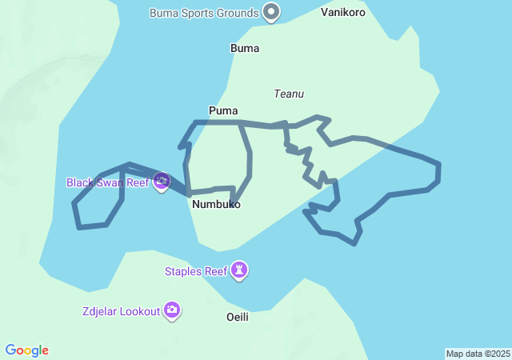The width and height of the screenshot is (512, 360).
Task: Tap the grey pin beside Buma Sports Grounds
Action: click(272, 12)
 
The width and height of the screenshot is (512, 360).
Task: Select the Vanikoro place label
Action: click(342, 13)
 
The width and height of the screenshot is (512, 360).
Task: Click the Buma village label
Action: click(244, 48)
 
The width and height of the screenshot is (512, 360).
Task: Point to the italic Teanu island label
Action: click(289, 94)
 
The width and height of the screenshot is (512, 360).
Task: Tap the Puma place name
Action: click(222, 110)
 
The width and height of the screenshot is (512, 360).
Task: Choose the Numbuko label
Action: click(216, 204)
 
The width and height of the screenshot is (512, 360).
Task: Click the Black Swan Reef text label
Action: click(108, 182)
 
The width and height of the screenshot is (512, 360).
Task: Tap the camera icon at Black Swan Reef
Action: click(162, 182)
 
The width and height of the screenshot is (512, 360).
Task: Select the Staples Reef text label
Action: click(196, 271)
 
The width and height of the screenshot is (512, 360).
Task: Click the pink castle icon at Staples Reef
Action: click(239, 271)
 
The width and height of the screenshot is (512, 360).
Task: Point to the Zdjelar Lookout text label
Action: click(121, 311)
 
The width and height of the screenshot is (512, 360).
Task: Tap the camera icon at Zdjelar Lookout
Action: click(172, 310)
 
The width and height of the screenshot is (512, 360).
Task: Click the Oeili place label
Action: click(238, 317)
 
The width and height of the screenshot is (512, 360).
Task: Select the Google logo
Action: click(26, 350)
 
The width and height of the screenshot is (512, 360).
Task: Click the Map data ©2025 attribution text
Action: click(478, 354)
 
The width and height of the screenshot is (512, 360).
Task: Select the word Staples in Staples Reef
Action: click(184, 271)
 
